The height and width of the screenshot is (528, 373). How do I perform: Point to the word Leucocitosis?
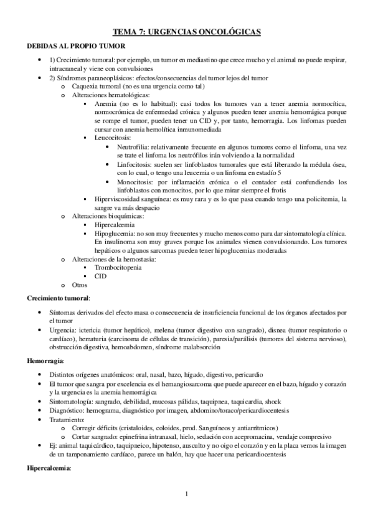(115, 136)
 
